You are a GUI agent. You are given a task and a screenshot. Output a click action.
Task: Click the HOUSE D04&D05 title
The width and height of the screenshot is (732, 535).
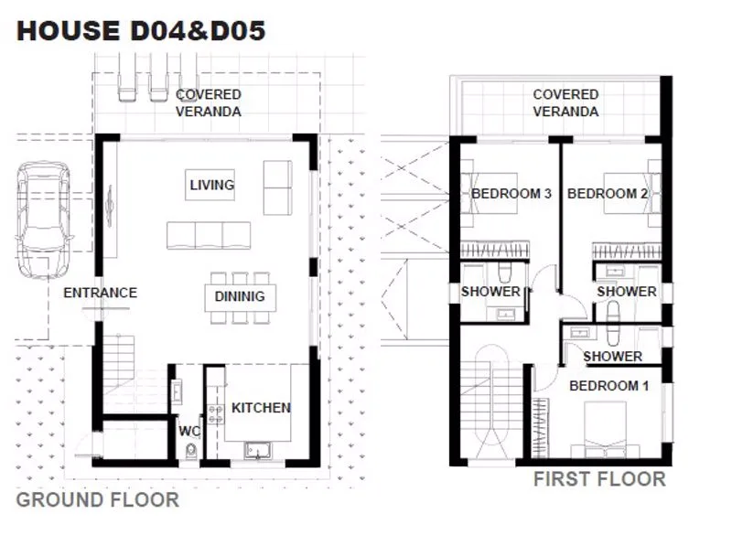pos(141,31)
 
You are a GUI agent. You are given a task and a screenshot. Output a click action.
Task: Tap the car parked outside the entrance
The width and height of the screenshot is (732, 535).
pos(43,219)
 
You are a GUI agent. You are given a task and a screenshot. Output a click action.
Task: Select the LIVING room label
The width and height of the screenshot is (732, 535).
pos(212,185)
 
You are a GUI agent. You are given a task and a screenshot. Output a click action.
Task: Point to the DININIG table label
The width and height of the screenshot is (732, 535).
pos(240,296)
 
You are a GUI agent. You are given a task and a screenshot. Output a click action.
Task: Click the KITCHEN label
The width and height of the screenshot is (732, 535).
pos(261,408)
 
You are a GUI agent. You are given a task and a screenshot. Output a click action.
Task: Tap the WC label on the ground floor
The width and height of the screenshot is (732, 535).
pos(189,431)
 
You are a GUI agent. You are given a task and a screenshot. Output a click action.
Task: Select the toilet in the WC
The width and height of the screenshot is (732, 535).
pos(190,452)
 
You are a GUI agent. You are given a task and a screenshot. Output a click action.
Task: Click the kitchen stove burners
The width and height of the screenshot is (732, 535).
pos(215,414)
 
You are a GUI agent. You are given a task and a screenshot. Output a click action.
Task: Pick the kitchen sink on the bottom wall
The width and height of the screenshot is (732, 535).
pos(258,450)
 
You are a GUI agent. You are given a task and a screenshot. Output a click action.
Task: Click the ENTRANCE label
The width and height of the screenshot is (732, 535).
pos(101,293)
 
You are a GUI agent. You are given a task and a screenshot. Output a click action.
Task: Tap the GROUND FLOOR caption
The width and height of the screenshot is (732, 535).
pos(98,500)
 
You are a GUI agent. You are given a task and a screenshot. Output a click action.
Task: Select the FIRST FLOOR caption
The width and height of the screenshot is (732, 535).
pos(599,479)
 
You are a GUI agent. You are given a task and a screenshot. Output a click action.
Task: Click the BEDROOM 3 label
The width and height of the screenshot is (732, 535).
pos(511,194)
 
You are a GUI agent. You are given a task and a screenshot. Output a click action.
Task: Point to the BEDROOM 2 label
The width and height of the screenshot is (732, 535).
pos(608,194)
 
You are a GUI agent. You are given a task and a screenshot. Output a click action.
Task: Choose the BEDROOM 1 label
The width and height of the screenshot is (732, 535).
pos(608,386)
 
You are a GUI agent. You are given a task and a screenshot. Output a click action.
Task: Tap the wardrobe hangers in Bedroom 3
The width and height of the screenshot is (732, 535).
pos(495,250)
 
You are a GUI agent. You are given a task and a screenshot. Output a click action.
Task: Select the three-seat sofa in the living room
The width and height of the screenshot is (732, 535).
pos(209,236)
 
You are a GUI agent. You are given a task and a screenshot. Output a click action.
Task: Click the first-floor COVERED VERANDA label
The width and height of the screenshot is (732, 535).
pos(565,103)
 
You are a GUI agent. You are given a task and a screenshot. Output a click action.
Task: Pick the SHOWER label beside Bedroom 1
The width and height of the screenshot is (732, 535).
pos(612,357)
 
